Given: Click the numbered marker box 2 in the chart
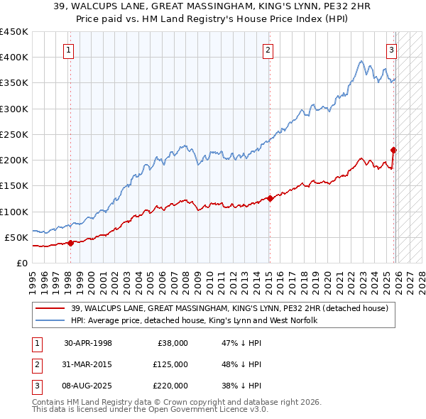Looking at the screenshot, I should coord(268,50).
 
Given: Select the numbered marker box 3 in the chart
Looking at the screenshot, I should coord(391,50).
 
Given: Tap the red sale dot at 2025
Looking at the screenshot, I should coord(393,149).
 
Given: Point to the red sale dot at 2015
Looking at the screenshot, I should coord(270,198).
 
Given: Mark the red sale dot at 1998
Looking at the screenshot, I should coord(70,243).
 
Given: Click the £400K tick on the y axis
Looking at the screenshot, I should coord(13,58).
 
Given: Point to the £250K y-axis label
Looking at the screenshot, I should coord(13,134).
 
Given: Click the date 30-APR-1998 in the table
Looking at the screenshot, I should coord(88,343).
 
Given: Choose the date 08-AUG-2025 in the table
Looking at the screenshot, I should coord(88,386).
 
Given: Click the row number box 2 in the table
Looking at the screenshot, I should coord(35,364).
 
